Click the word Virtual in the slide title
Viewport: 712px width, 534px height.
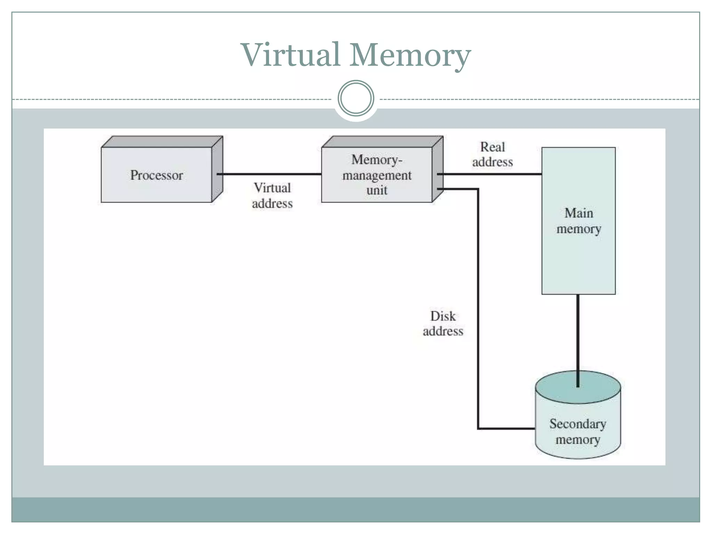(290, 55)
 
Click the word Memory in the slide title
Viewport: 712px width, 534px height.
(410, 56)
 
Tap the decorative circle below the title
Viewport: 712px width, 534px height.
(356, 98)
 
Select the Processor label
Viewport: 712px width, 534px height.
(156, 175)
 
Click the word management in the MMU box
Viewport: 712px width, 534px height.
(377, 175)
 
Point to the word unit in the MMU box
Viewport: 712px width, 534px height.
(377, 190)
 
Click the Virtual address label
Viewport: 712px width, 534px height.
(272, 196)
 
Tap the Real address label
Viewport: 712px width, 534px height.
(492, 155)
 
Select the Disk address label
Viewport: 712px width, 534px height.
(443, 324)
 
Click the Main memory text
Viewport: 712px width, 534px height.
(578, 221)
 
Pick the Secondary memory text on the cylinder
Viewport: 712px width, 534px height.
(578, 431)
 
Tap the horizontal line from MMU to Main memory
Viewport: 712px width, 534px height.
(490, 174)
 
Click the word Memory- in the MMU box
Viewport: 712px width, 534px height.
(377, 160)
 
